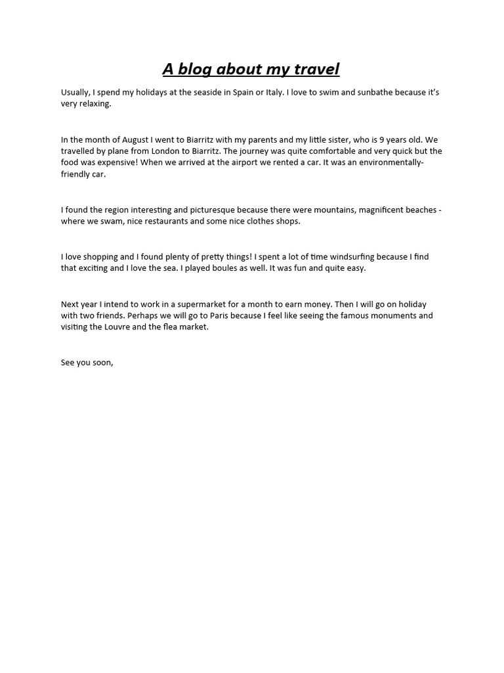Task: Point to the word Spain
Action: click(x=245, y=93)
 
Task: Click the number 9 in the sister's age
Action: click(x=382, y=140)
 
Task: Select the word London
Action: click(x=170, y=151)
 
